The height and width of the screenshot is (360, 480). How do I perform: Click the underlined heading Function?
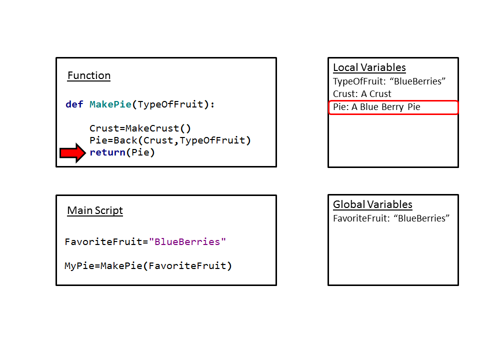coord(89,75)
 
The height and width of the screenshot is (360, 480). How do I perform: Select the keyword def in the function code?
coord(74,104)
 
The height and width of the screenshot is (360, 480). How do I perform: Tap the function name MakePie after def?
coord(110,104)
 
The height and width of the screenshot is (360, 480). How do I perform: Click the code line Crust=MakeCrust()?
coord(140,128)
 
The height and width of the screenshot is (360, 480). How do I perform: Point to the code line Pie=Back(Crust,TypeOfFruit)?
coord(170,140)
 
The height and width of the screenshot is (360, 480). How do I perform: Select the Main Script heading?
coord(95,210)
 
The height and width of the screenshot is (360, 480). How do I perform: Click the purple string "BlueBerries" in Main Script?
coord(187,241)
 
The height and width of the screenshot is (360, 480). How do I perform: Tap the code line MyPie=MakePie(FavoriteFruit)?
coord(148,265)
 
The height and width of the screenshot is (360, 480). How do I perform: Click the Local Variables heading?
coord(369,67)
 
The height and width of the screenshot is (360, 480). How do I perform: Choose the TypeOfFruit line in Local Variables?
coord(389,81)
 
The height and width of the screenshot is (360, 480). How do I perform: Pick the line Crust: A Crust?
coord(362,94)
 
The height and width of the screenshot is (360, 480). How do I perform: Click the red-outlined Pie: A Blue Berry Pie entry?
coord(393,107)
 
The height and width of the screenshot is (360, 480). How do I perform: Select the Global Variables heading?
coord(372,204)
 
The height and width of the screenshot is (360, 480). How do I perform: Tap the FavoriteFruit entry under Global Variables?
coord(391,218)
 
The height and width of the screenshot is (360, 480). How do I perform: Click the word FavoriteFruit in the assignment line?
coord(103,241)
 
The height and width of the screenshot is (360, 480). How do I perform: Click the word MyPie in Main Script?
coord(79,265)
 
